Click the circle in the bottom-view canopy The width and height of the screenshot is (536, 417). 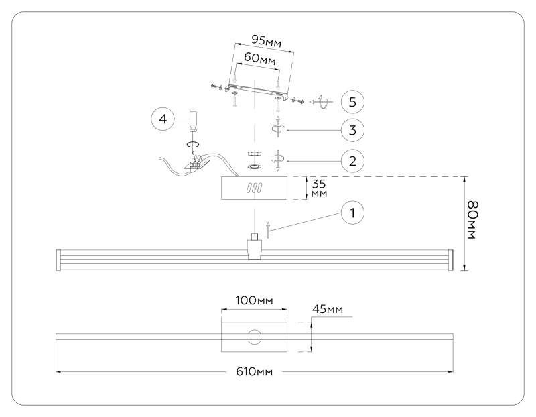(255, 337)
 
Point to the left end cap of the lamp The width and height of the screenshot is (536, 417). (58, 259)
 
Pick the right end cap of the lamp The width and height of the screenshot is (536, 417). (450, 259)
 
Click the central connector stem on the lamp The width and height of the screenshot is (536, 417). (255, 247)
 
